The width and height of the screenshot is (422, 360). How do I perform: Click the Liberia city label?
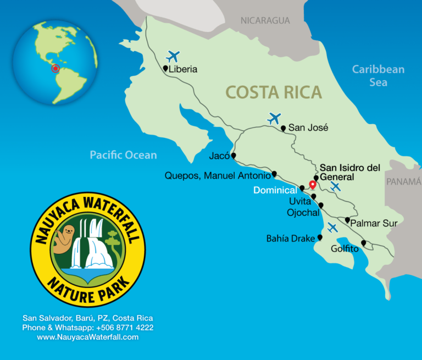pyautogui.click(x=183, y=70)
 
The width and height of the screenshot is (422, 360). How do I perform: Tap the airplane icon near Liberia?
pyautogui.click(x=173, y=56)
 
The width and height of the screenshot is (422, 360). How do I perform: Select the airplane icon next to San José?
pyautogui.click(x=274, y=118)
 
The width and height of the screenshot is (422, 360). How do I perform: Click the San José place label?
pyautogui.click(x=308, y=128)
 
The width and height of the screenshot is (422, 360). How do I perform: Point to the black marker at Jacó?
pyautogui.click(x=234, y=156)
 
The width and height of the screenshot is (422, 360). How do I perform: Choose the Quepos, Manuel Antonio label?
pyautogui.click(x=218, y=176)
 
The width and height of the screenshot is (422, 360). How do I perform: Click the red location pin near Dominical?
pyautogui.click(x=313, y=185)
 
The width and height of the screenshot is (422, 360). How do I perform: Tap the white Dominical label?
pyautogui.click(x=275, y=190)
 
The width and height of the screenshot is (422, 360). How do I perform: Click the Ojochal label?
pyautogui.click(x=303, y=212)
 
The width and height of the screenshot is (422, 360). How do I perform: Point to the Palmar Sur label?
pyautogui.click(x=374, y=223)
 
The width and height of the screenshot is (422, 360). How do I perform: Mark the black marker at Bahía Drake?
pyautogui.click(x=320, y=238)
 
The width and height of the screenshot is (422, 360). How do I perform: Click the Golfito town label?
pyautogui.click(x=345, y=249)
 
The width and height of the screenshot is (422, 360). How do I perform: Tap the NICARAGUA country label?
pyautogui.click(x=265, y=21)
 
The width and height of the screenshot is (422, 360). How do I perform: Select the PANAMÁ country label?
pyautogui.click(x=403, y=182)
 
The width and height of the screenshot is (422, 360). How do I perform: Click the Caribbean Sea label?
pyautogui.click(x=378, y=76)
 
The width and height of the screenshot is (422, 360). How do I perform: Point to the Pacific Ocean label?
pyautogui.click(x=123, y=155)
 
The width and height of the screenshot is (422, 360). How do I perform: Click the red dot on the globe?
pyautogui.click(x=55, y=69)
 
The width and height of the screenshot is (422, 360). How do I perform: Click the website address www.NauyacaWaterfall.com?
pyautogui.click(x=88, y=337)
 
